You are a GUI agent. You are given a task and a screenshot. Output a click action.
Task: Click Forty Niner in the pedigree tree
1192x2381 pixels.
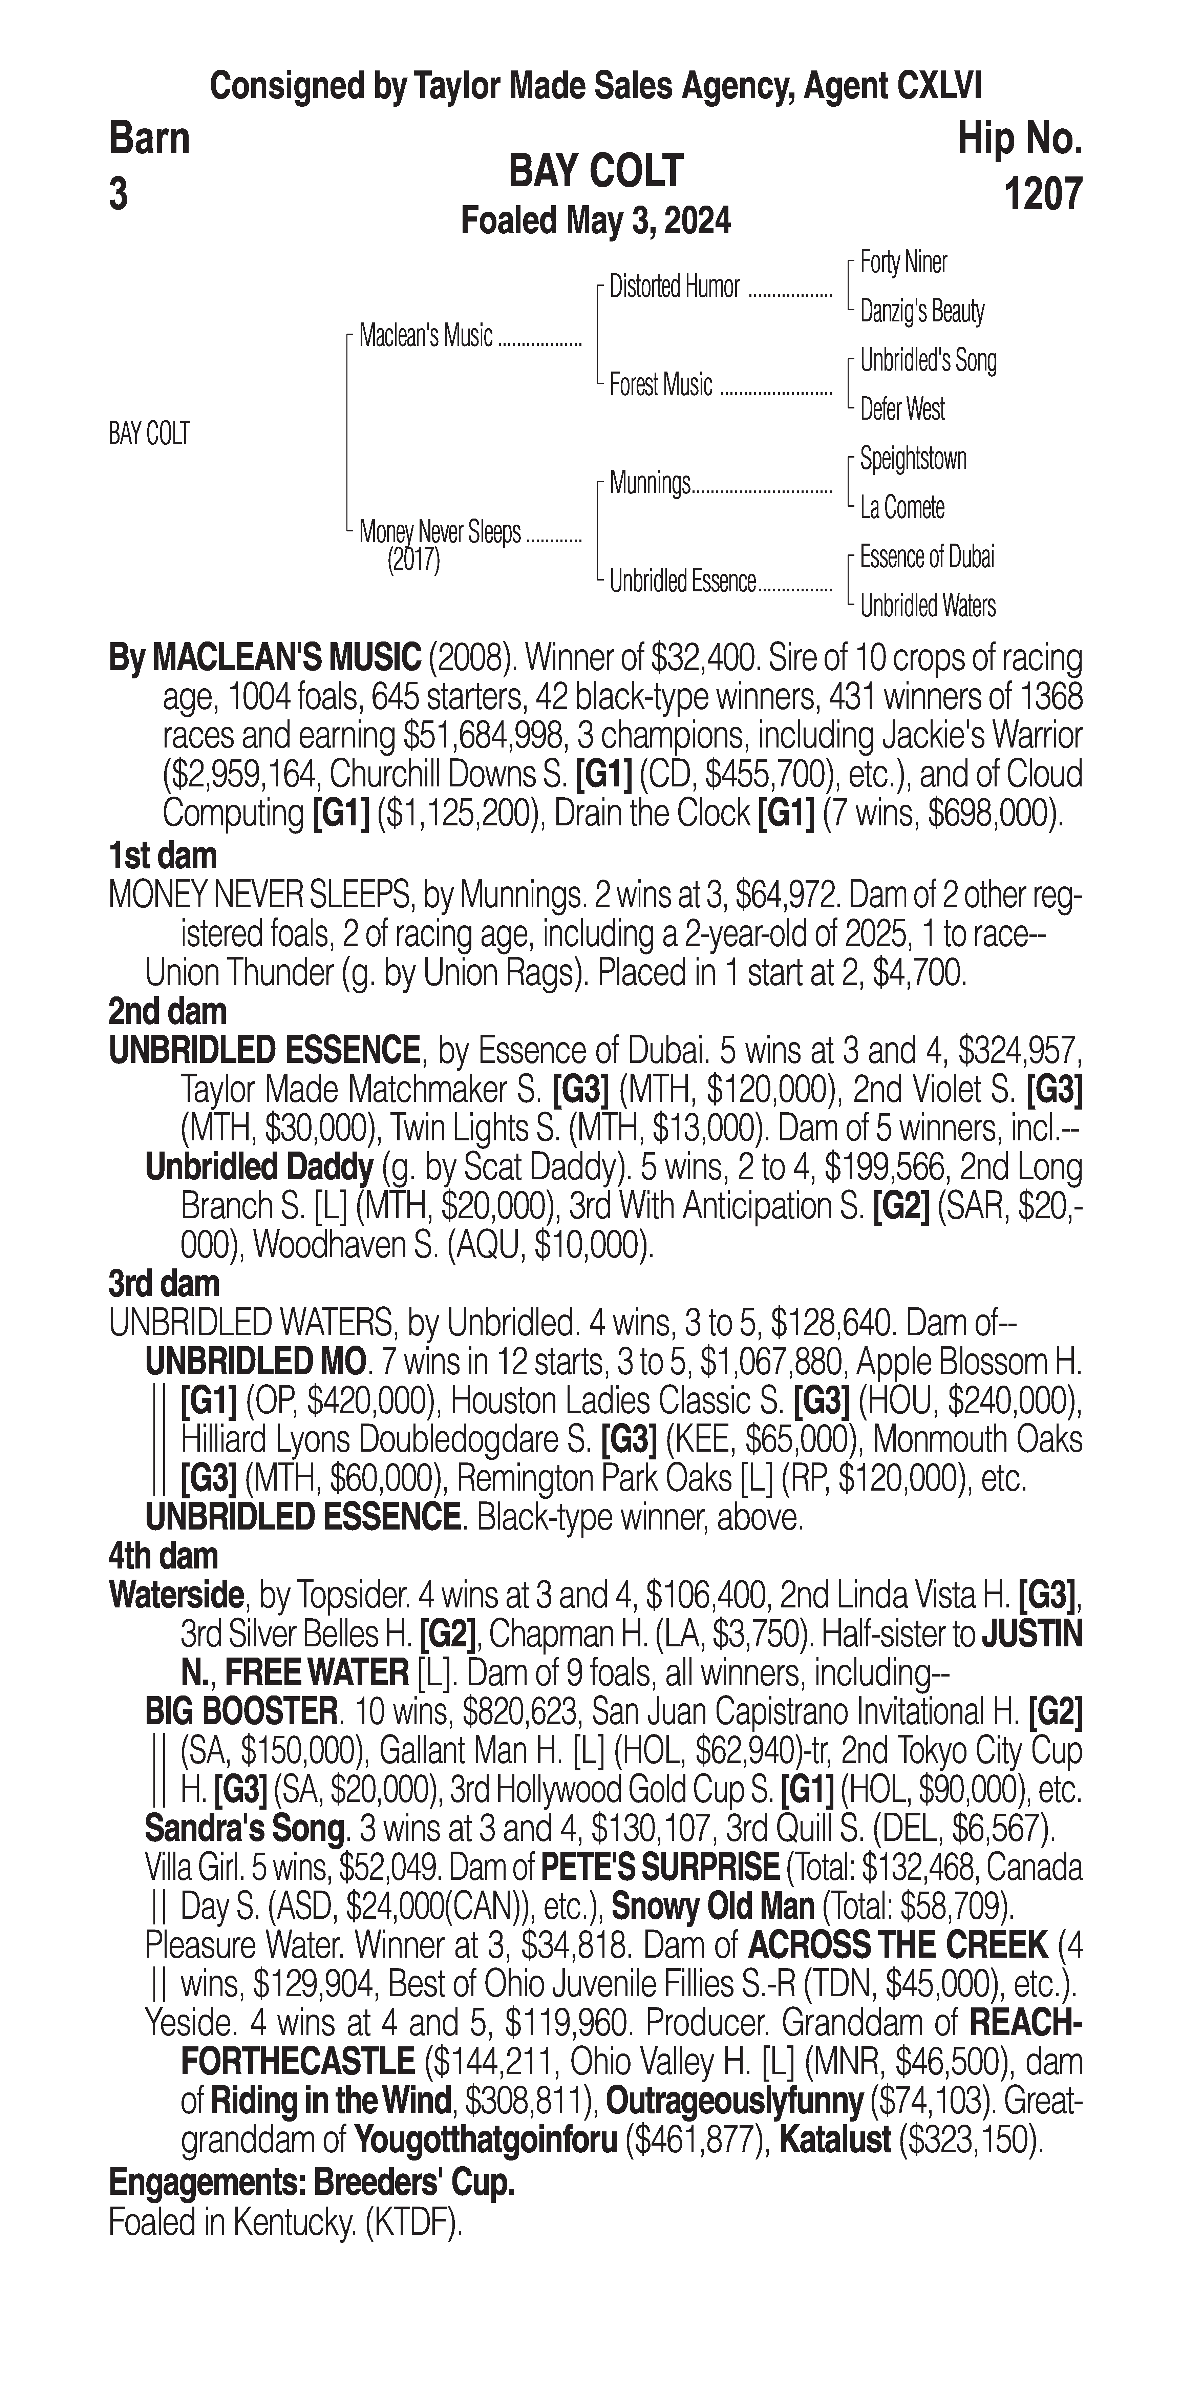(903, 262)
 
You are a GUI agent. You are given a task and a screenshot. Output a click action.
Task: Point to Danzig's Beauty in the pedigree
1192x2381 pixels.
(921, 312)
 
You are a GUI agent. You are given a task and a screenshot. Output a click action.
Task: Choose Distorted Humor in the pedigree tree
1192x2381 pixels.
(675, 288)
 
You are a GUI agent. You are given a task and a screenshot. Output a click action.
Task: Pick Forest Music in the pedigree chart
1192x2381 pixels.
(661, 384)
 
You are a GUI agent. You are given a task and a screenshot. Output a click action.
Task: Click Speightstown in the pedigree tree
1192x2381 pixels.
(913, 459)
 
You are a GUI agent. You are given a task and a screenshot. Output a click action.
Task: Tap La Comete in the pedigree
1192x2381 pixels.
(902, 507)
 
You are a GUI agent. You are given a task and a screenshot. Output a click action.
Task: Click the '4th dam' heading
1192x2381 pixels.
(163, 1556)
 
